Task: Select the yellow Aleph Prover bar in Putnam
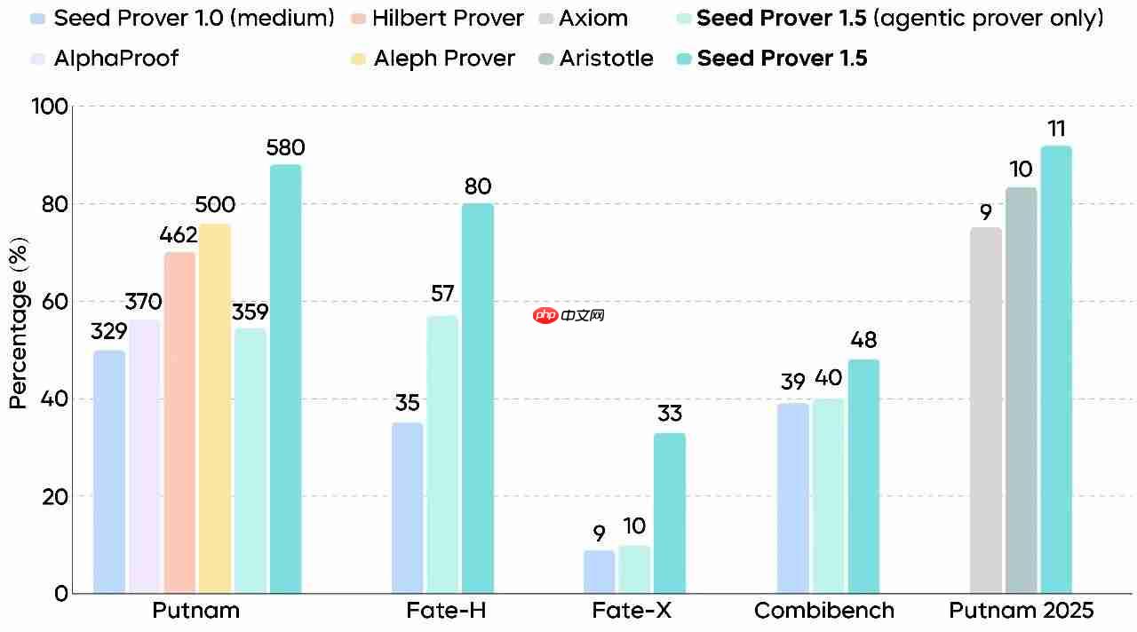pyautogui.click(x=215, y=408)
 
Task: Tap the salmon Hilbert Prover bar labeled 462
pyautogui.click(x=179, y=423)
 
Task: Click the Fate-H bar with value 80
pyautogui.click(x=477, y=399)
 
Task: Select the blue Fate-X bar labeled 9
pyautogui.click(x=600, y=572)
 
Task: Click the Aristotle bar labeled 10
pyautogui.click(x=1022, y=391)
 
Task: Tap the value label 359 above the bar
pyautogui.click(x=250, y=312)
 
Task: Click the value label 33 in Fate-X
pyautogui.click(x=670, y=414)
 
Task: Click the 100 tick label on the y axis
pyautogui.click(x=49, y=107)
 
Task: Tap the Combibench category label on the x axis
pyautogui.click(x=824, y=611)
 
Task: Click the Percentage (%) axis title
pyautogui.click(x=18, y=324)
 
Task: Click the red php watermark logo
pyautogui.click(x=545, y=315)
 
